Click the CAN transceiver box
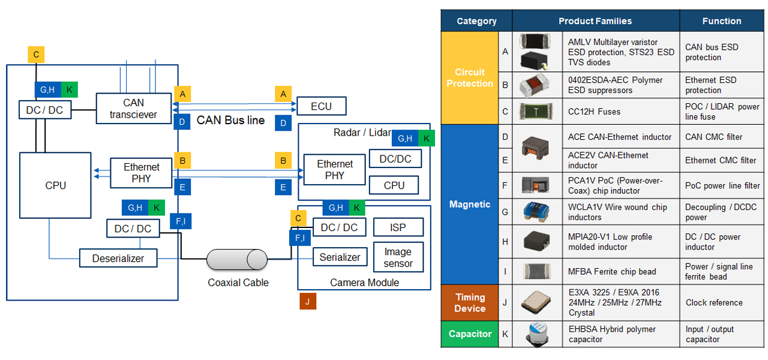pyautogui.click(x=134, y=109)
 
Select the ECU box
pyautogui.click(x=321, y=106)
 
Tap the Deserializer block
pyautogui.click(x=118, y=259)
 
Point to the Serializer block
pyautogui.click(x=340, y=257)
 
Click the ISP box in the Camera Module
pyautogui.click(x=398, y=227)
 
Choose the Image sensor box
pyautogui.click(x=398, y=257)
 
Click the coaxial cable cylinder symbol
pyautogui.click(x=237, y=259)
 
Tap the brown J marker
pyautogui.click(x=307, y=301)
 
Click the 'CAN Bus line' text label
pyautogui.click(x=230, y=120)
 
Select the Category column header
pyautogui.click(x=476, y=21)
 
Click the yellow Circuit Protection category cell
pyautogui.click(x=470, y=78)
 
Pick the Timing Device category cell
pyautogui.click(x=470, y=303)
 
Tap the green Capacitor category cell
pyautogui.click(x=470, y=334)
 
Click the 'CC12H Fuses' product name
pyautogui.click(x=594, y=112)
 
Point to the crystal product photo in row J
pyautogui.click(x=536, y=302)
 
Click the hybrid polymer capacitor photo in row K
pyautogui.click(x=536, y=334)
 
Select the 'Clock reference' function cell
pyautogui.click(x=714, y=302)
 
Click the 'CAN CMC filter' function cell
pyautogui.click(x=713, y=137)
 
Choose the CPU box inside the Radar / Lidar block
pyautogui.click(x=394, y=185)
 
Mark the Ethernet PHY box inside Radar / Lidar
pyautogui.click(x=335, y=170)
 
